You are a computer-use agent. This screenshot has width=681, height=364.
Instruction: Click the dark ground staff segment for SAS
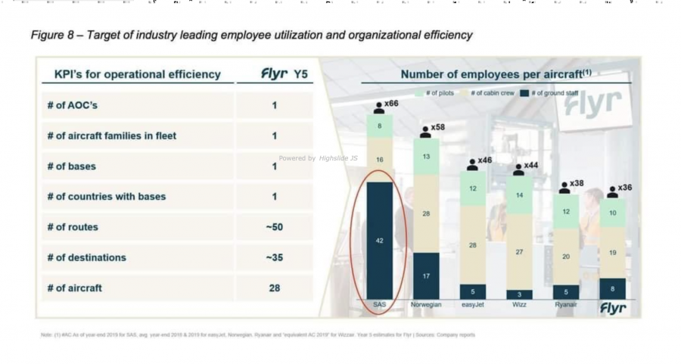379,240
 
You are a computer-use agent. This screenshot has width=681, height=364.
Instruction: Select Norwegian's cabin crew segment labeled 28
426,214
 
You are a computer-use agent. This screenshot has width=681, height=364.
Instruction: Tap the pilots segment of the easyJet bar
472,188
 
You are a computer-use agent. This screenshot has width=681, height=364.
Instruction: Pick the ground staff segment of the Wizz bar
519,294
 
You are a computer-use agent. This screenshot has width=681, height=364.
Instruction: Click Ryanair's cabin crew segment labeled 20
565,257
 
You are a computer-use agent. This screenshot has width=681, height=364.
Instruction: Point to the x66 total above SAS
391,103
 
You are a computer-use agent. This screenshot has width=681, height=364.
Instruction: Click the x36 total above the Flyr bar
624,188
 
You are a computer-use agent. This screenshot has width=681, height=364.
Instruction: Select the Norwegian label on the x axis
426,305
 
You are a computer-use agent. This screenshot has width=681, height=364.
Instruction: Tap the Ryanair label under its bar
565,305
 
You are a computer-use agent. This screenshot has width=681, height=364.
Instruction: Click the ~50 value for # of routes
274,227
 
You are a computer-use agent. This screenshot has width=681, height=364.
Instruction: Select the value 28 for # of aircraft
274,288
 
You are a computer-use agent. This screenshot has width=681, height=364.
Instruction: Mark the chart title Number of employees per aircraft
496,74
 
